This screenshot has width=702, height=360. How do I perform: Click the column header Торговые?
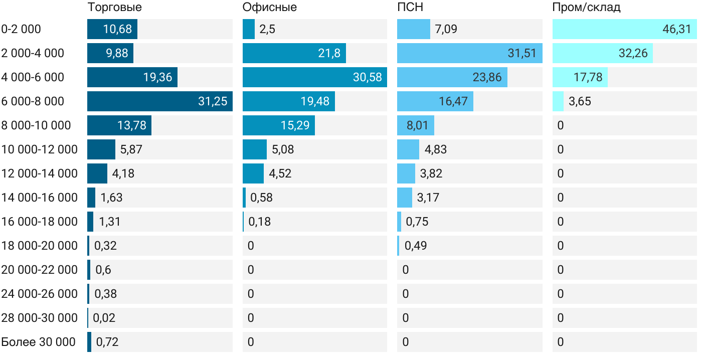coord(114,8)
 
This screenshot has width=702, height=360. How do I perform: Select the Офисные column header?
coord(269,8)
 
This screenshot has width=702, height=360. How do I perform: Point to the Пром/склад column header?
coord(586,8)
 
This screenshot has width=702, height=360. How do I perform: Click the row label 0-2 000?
coord(21,29)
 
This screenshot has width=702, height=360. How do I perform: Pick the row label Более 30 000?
coord(39,342)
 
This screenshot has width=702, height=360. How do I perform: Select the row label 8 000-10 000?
coord(36,125)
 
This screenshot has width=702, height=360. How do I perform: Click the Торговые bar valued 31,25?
coord(159,101)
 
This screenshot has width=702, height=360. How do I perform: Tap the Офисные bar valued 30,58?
coord(314,77)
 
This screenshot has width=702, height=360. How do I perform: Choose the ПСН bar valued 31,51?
coord(469,53)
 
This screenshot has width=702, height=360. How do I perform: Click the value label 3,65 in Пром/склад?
coord(580,101)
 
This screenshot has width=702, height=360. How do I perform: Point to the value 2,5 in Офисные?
coord(267,29)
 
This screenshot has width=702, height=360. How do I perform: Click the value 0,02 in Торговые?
coord(104,318)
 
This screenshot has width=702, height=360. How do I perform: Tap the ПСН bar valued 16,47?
coord(435,101)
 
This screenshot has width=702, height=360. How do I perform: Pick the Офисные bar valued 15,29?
coord(278,125)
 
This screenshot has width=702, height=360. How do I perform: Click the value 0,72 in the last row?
coord(107,342)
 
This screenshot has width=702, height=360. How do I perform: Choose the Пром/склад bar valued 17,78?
coord(580,77)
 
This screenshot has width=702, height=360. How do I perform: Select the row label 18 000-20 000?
coord(40,246)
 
